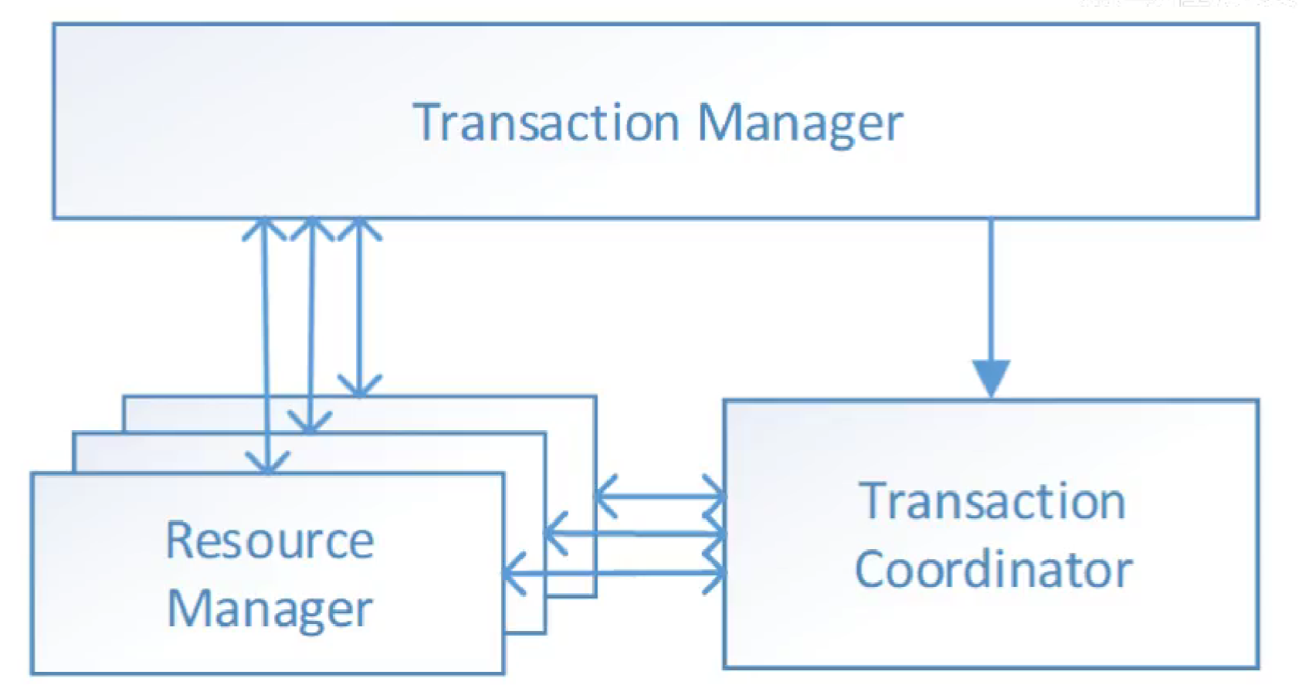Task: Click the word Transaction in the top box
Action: point(546,122)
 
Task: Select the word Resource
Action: point(270,540)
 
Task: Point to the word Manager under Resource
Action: point(270,609)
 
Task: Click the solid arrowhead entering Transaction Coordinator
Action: point(991,378)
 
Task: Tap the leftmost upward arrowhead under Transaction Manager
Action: point(264,229)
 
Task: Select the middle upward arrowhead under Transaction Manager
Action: point(312,229)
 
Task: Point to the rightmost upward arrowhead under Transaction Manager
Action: point(360,229)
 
